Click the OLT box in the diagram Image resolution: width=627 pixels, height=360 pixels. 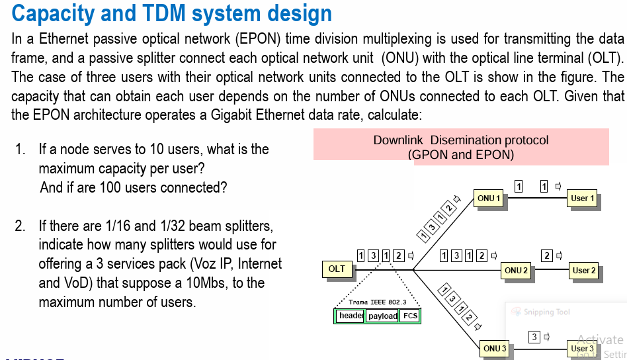[x=337, y=269]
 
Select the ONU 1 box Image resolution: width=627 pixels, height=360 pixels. [x=489, y=198]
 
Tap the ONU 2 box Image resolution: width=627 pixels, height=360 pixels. [x=516, y=270]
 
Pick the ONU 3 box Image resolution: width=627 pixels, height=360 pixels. [x=495, y=348]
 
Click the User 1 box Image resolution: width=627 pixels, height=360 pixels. [x=583, y=198]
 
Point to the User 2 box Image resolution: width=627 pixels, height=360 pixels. [x=584, y=270]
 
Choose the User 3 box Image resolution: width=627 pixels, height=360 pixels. [x=583, y=348]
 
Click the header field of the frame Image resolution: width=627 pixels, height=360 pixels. [x=350, y=316]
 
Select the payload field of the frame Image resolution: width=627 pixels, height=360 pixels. [x=382, y=316]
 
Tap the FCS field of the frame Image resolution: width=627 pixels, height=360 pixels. [x=410, y=316]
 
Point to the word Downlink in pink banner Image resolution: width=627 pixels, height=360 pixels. [x=399, y=140]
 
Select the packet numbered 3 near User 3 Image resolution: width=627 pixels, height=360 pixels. [x=534, y=337]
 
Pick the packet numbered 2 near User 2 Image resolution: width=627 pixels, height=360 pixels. [x=547, y=255]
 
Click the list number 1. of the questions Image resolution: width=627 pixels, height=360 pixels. [x=20, y=150]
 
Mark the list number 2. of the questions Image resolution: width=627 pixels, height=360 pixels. [x=20, y=226]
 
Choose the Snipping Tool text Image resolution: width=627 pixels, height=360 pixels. [x=546, y=312]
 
